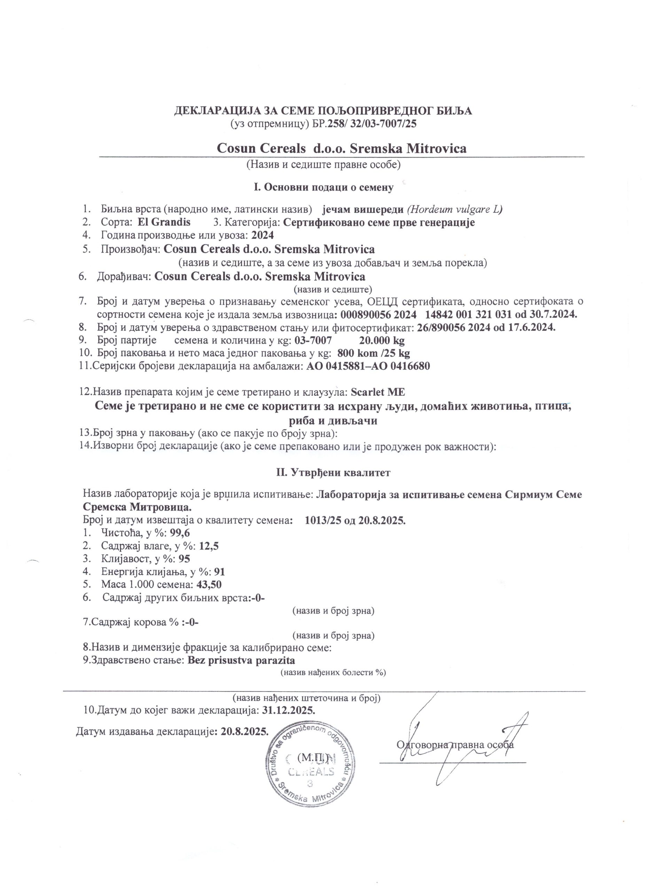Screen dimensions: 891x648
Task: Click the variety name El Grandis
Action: [164, 222]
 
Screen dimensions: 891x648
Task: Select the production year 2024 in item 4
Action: [263, 235]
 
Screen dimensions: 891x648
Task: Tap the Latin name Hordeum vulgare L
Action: [455, 210]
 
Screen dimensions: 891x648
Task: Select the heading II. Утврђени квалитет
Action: [334, 473]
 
